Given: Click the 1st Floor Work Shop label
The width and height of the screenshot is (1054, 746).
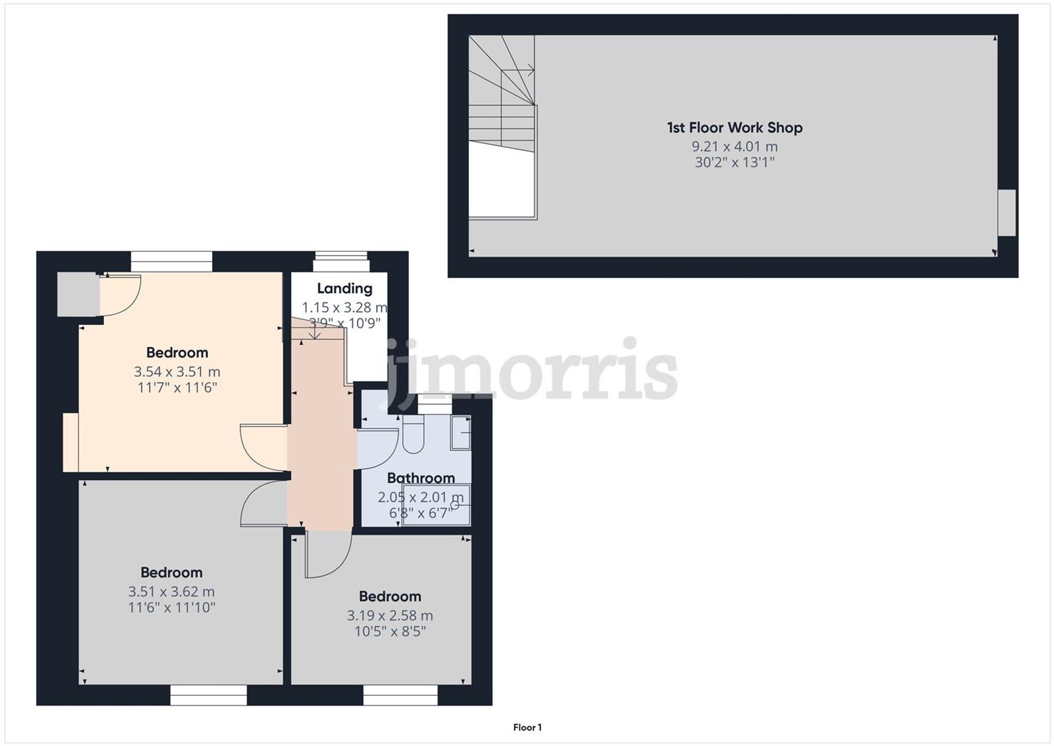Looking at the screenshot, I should pos(735,128).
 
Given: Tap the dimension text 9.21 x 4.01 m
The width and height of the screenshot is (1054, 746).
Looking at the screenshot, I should pos(735,146).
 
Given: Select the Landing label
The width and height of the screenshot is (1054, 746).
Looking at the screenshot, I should pos(345,288).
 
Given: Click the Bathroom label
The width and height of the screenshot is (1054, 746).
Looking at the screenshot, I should pos(421,478).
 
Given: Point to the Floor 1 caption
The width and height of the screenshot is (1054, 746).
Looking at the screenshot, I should pos(527,728).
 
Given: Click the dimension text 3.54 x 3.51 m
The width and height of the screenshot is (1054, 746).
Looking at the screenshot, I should pos(177,372).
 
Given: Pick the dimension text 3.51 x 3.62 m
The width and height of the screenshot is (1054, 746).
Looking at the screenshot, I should pos(171,592).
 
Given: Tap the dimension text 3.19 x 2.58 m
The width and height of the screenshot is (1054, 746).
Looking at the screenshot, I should pos(389,615).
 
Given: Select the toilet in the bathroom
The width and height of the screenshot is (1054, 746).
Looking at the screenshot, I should pos(413,435).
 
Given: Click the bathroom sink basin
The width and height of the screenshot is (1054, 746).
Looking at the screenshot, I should pos(461,433).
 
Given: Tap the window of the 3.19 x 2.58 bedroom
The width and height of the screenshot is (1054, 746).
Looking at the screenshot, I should pos(400,695).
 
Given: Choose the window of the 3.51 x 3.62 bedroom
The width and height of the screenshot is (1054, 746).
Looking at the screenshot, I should pos(208,695).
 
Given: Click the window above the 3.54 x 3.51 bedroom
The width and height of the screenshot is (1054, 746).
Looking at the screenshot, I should pos(171,261).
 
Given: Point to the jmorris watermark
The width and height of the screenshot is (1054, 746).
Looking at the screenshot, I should pos(532,369).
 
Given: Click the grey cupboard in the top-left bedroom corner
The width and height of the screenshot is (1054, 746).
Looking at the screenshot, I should pos(77,294).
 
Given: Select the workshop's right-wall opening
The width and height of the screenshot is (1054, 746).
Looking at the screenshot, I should pos(1007,212).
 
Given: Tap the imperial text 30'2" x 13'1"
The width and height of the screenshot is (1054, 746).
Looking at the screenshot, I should pos(735,162).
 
